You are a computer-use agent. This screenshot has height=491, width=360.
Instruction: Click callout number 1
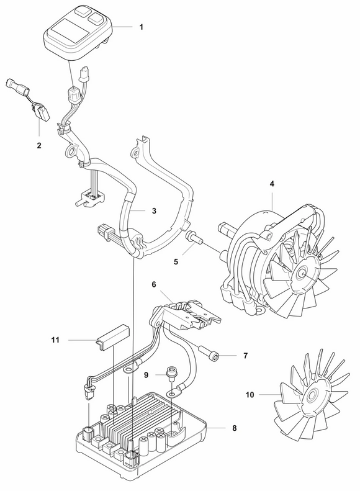coord(141,27)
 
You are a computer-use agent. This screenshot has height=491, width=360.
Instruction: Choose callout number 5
coord(176,245)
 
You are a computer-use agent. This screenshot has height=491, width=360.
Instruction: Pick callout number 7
coord(245,356)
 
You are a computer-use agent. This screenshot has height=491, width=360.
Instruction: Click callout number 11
coord(55,340)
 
